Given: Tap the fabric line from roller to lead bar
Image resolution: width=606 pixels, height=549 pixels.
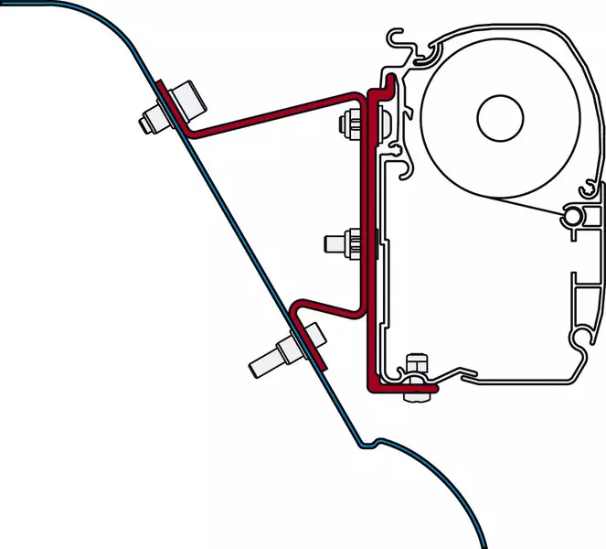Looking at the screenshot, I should click(x=521, y=203).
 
